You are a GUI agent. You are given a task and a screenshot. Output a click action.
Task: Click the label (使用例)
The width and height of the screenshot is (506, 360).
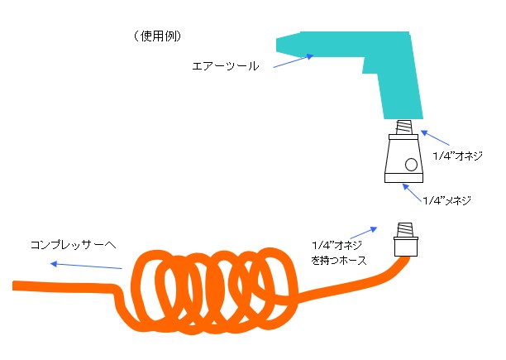coord(157,36)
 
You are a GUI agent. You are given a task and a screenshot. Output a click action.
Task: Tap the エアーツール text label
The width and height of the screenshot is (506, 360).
coord(226,66)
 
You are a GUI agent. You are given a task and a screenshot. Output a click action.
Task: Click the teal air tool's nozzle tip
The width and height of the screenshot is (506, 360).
coord(277,46)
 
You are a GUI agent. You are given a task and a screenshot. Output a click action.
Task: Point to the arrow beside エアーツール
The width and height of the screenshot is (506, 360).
coord(293,61)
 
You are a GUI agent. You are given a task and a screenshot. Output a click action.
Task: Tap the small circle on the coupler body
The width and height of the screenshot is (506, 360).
coord(411,165)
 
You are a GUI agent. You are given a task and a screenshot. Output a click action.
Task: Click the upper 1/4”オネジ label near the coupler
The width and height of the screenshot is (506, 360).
coord(457,156)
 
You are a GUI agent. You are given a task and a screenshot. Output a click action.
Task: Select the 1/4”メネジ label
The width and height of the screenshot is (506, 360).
coord(447,200)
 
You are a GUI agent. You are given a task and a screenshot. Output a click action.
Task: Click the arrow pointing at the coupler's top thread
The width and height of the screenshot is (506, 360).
coord(435,137)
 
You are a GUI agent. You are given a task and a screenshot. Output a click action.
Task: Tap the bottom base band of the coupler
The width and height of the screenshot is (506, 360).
coord(403,178)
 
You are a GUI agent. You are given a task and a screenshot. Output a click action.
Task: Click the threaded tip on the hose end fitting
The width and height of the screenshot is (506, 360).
coord(406,230)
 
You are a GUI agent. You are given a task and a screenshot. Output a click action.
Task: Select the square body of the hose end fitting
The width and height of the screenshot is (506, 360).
coord(406,247)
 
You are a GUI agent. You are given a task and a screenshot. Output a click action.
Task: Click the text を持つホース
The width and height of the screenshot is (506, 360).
coord(339,260)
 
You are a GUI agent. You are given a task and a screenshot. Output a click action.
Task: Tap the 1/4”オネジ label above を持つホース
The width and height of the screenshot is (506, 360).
coord(337,246)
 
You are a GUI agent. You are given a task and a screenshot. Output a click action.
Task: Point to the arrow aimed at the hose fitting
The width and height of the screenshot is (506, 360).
coord(363,233)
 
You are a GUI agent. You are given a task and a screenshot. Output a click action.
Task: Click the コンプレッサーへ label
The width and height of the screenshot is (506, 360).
coord(73,245)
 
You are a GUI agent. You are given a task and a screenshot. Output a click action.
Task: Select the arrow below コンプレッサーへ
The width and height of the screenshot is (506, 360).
coord(86,266)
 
